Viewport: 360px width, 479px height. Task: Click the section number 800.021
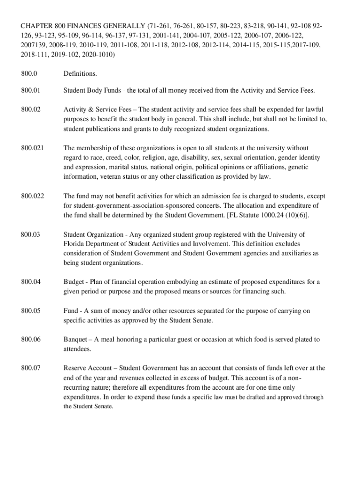click(32, 148)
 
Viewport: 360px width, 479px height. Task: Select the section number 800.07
click(30, 368)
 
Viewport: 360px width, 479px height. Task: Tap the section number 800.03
click(30, 234)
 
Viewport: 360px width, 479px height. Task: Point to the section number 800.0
click(29, 73)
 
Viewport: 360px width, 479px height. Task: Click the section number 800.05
click(30, 311)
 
